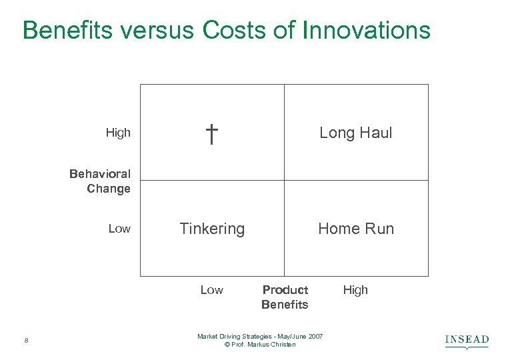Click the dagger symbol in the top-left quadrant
pyautogui.click(x=211, y=133)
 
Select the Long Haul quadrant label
pyautogui.click(x=356, y=133)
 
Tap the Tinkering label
pyautogui.click(x=212, y=229)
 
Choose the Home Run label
pyautogui.click(x=356, y=229)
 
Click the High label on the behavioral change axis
pyautogui.click(x=118, y=133)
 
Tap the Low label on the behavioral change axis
pyautogui.click(x=119, y=229)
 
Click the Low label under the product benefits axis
pyautogui.click(x=211, y=290)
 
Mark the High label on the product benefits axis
pyautogui.click(x=355, y=290)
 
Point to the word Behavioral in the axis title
pyautogui.click(x=100, y=174)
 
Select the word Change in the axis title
pyautogui.click(x=109, y=189)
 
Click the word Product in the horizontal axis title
pyautogui.click(x=285, y=290)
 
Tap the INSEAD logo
pyautogui.click(x=467, y=341)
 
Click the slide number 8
pyautogui.click(x=25, y=341)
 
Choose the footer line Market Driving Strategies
pyautogui.click(x=260, y=336)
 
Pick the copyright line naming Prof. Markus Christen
pyautogui.click(x=260, y=344)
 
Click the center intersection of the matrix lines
pyautogui.click(x=284, y=180)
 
